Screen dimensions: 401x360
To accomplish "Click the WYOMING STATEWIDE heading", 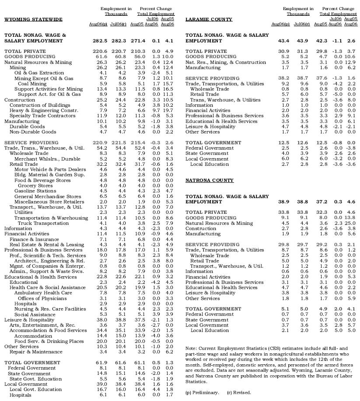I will click(33, 19).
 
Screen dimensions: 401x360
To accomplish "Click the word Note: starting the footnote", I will click(192, 348).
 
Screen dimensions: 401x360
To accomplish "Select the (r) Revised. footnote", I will click(239, 392).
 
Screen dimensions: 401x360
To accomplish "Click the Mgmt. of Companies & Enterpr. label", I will click(41, 266).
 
